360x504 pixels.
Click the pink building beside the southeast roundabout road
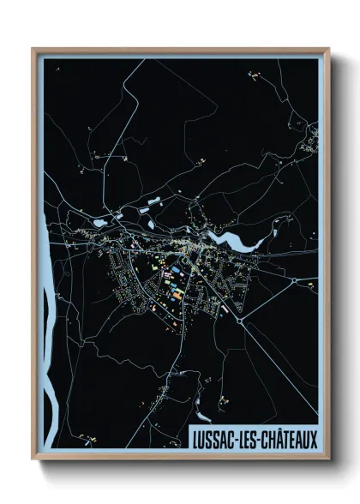point(225,311)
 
